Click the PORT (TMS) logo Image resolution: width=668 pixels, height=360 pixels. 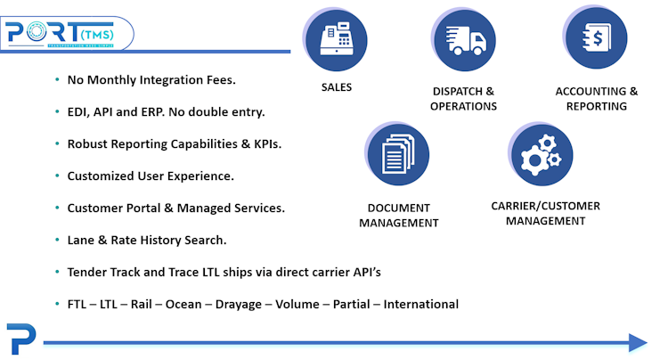(x=67, y=34)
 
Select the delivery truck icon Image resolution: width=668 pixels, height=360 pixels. (x=463, y=40)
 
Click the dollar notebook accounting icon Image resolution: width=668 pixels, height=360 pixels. (x=594, y=38)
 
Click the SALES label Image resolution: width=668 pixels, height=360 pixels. (x=337, y=87)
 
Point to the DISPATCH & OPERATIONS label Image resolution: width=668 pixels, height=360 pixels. (x=463, y=99)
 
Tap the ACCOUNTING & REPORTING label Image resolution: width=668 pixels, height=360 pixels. (x=596, y=99)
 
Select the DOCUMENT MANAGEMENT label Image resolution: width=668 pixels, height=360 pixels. (x=399, y=215)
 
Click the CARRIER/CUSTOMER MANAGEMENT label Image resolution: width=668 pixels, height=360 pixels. (x=545, y=213)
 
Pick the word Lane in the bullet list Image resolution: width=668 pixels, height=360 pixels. (x=82, y=240)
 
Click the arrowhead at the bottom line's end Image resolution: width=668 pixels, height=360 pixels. (x=637, y=342)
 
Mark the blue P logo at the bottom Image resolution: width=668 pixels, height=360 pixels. (x=19, y=340)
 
